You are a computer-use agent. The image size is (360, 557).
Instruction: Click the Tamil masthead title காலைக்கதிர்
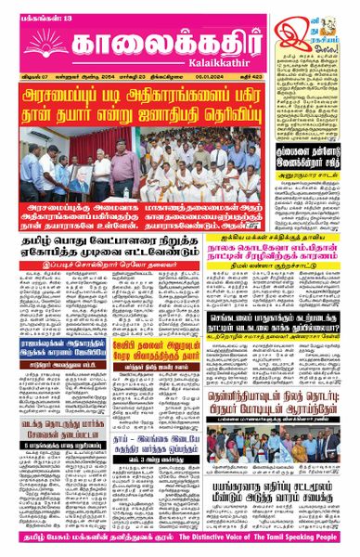tap(153, 31)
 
